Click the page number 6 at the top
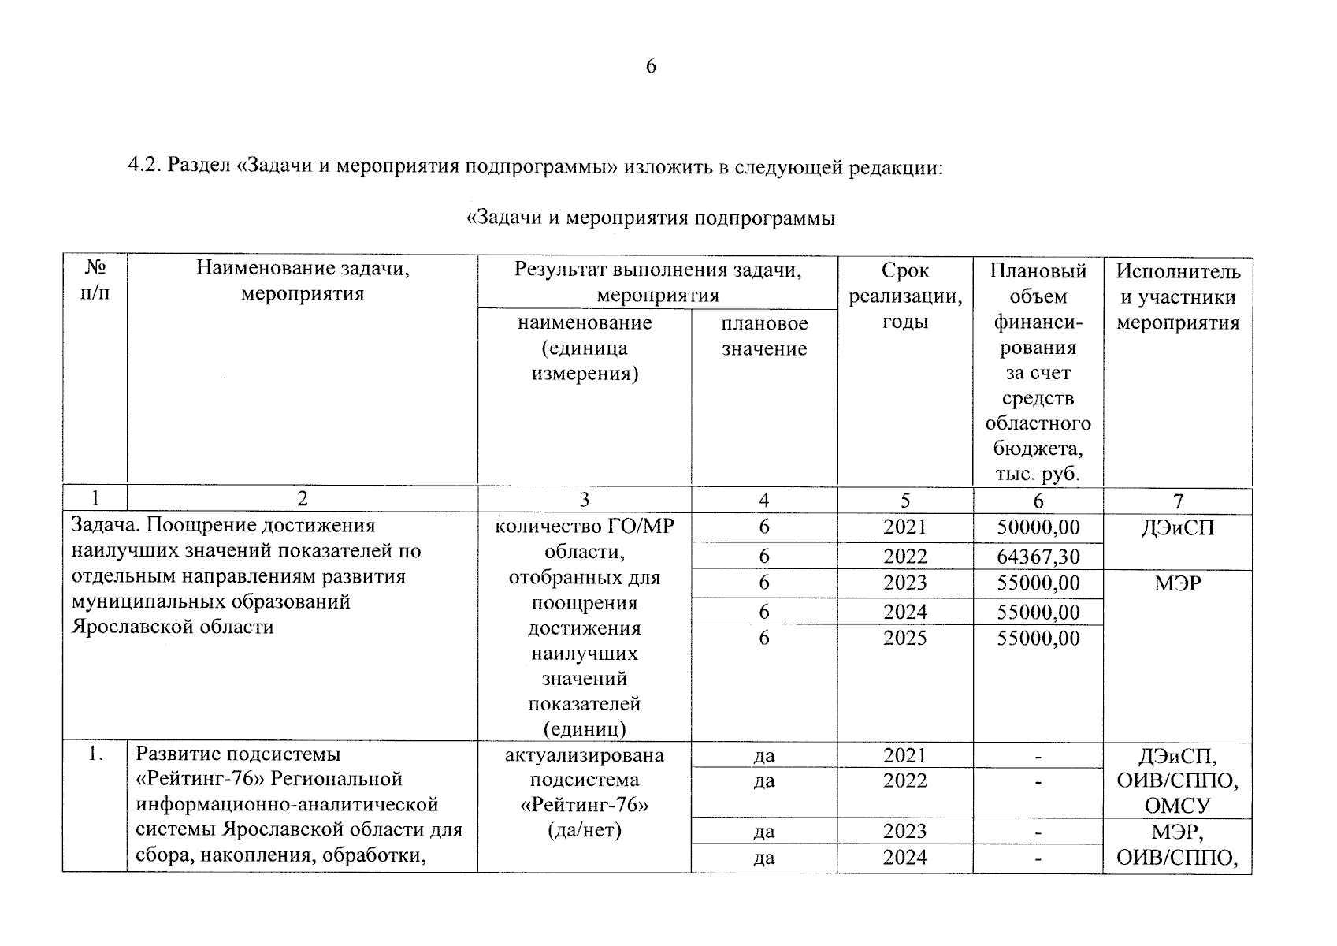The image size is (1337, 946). point(651,66)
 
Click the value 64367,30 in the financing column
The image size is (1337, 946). point(1038,557)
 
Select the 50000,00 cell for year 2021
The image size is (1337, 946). point(1038,527)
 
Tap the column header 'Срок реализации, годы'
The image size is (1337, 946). point(904,296)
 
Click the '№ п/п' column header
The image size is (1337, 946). point(95,281)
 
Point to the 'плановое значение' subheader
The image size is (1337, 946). point(763,336)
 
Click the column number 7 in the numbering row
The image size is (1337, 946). point(1177,501)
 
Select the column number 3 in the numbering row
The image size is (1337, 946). point(584,500)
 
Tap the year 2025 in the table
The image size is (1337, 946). point(904,638)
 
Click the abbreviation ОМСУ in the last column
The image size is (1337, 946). point(1177,806)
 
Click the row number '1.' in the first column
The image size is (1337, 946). point(95,754)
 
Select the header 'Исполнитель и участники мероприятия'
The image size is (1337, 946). point(1177,297)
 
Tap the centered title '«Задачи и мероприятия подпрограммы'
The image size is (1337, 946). point(651,218)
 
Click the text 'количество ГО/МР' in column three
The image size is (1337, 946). point(584,526)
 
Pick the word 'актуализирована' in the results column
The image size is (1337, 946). point(584,755)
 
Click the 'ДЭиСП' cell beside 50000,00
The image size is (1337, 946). point(1177,528)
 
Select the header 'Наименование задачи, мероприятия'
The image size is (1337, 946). point(303,281)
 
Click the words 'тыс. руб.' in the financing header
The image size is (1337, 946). point(1038,474)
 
